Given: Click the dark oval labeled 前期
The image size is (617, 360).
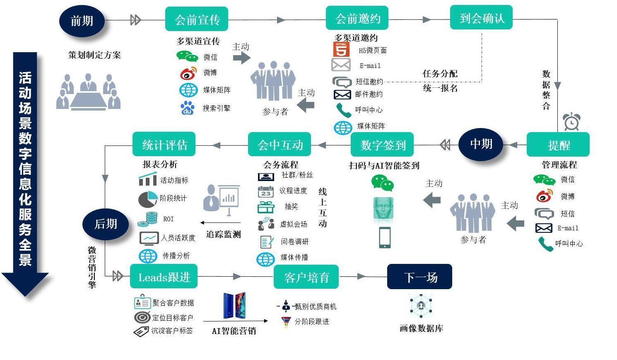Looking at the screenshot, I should (82, 21).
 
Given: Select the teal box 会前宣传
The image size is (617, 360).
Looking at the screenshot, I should (197, 19).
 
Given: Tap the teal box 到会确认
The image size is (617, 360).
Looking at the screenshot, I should (481, 18).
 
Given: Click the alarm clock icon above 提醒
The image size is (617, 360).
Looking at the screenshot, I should (571, 121).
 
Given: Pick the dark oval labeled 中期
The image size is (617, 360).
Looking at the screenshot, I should (481, 144).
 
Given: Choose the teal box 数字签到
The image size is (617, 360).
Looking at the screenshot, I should (382, 145).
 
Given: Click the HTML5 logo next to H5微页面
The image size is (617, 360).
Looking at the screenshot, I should (341, 50).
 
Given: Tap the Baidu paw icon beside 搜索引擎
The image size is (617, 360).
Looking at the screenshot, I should (188, 108).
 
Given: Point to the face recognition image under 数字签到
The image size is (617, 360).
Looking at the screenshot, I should (383, 208).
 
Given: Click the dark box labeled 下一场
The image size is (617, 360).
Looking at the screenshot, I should (419, 277).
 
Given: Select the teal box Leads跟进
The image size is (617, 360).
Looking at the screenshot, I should (164, 277).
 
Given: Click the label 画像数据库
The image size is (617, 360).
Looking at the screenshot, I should (421, 329).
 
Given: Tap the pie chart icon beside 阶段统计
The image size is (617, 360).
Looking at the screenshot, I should (147, 199).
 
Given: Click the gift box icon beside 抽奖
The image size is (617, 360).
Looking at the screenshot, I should (265, 207).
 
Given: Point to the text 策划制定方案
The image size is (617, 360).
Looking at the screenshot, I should (94, 55).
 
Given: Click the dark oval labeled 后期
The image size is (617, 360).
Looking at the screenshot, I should (106, 224).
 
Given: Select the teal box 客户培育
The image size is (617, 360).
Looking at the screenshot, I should (306, 277).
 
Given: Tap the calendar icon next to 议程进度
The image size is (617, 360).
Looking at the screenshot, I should (265, 191).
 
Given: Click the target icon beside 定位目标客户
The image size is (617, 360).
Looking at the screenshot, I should (142, 318).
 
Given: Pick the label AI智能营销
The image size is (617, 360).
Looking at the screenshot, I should (234, 331).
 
